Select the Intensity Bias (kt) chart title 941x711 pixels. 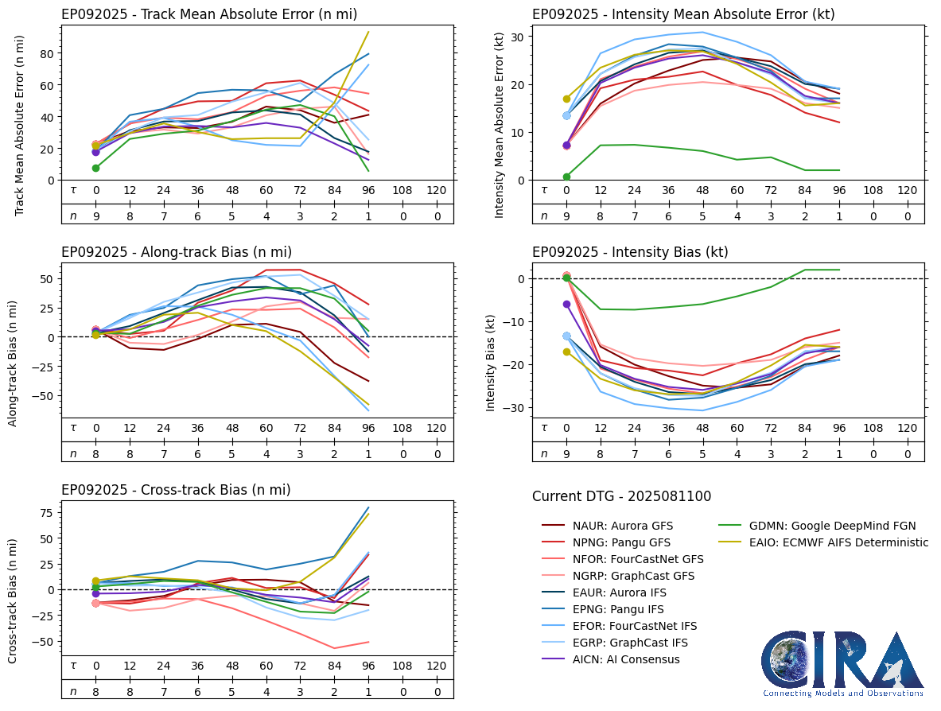(630, 252)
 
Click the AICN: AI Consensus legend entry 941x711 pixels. (626, 659)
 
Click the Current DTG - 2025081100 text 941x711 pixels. (622, 496)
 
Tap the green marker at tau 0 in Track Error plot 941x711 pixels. (95, 168)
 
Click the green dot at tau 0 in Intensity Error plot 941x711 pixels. (566, 177)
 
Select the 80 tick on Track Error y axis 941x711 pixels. (49, 54)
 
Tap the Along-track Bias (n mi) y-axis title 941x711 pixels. (14, 363)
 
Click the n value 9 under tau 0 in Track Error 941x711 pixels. (95, 216)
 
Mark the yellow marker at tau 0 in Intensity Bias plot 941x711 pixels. (566, 352)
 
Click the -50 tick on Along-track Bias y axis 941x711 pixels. (45, 395)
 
